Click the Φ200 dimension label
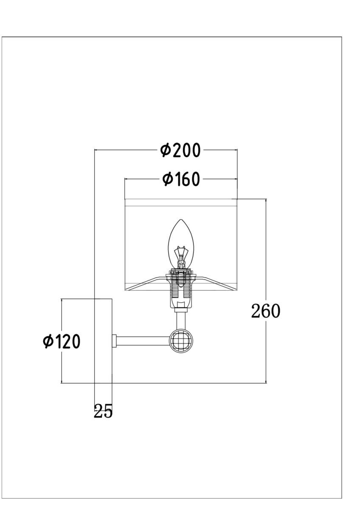click(x=180, y=150)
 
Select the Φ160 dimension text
click(x=181, y=179)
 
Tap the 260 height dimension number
click(x=266, y=311)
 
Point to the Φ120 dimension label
click(x=62, y=341)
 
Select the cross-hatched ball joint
click(x=181, y=341)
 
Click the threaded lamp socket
click(x=181, y=288)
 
